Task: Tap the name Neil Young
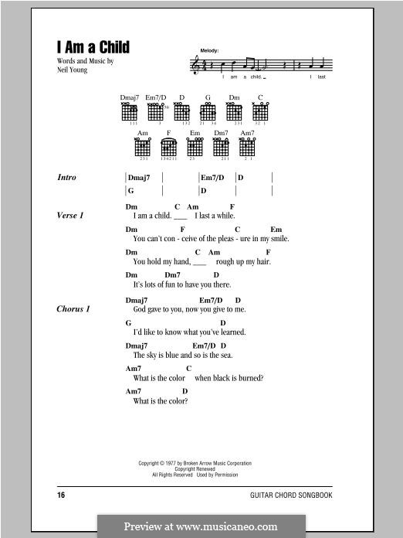73,70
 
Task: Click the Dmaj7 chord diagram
130,113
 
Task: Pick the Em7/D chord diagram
157,113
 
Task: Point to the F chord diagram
168,147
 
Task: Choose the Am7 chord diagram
247,147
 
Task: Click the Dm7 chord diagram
221,147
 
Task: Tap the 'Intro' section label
67,177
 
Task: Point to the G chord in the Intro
131,190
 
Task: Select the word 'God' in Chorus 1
140,309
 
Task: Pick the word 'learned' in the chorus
234,332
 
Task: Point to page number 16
62,493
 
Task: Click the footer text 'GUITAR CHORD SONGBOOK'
295,493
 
